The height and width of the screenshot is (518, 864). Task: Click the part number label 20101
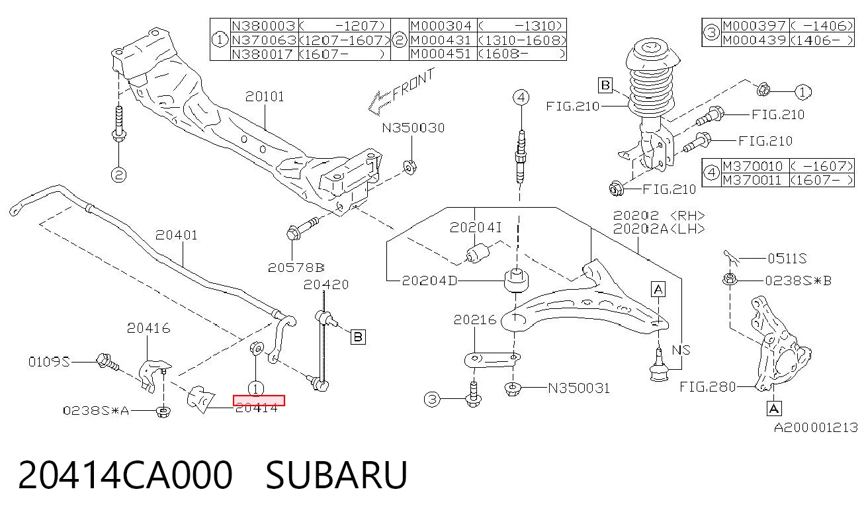coord(265,97)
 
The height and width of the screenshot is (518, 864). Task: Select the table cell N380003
coord(263,26)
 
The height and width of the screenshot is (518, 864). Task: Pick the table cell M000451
coord(441,54)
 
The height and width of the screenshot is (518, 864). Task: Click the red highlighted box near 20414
coord(259,400)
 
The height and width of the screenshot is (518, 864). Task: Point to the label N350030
coord(413,128)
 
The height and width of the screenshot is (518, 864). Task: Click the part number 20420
coord(326,284)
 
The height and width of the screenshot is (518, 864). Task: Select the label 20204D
coord(429,281)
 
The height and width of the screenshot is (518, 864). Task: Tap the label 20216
coord(475,320)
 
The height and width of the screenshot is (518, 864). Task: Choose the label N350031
coord(579,388)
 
